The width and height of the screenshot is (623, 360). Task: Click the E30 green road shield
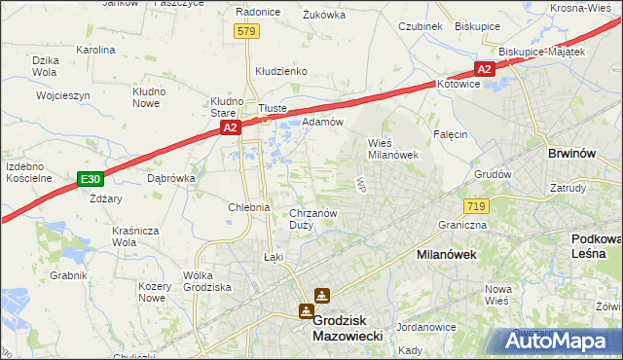tap(90, 179)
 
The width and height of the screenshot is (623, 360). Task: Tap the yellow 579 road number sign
tap(247, 32)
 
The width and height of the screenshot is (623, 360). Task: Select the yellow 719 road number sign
tap(476, 205)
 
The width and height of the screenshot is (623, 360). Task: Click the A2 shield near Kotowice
tap(485, 69)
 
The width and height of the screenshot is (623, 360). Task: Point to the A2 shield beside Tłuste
tap(230, 127)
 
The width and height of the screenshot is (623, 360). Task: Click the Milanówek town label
tap(430, 253)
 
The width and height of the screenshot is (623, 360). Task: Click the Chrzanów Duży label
tap(312, 220)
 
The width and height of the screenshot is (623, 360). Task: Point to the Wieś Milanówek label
tap(392, 148)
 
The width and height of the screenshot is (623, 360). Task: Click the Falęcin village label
tap(451, 134)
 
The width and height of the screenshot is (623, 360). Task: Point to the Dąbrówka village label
tap(171, 178)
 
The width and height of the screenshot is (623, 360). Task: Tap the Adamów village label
tap(322, 122)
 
